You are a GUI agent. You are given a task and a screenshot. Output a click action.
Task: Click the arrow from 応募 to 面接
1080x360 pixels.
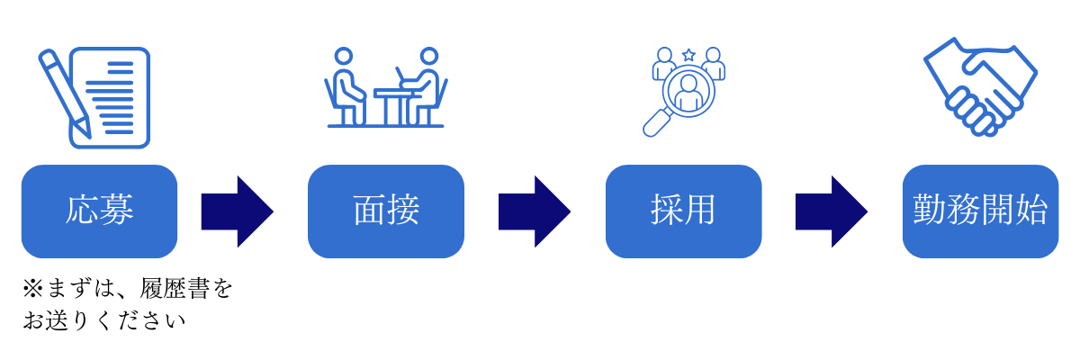click(x=237, y=211)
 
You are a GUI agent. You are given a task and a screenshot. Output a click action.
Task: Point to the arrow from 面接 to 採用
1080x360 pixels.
click(x=535, y=211)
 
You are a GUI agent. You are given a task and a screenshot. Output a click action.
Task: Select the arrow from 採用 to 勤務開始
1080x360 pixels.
click(x=831, y=211)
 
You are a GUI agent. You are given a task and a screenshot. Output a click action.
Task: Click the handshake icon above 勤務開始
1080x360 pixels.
click(x=981, y=87)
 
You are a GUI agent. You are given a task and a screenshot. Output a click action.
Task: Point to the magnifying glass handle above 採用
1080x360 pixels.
click(x=653, y=124)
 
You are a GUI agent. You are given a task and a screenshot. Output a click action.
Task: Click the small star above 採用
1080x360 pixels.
click(x=688, y=55)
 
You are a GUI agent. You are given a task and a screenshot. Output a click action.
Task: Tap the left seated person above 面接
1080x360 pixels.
click(x=347, y=86)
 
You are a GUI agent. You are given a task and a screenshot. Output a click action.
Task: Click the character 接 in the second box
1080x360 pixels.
click(x=403, y=211)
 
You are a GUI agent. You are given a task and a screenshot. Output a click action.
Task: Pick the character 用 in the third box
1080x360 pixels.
click(x=700, y=211)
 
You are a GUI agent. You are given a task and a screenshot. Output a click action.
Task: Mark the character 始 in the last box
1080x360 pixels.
click(x=1032, y=211)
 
